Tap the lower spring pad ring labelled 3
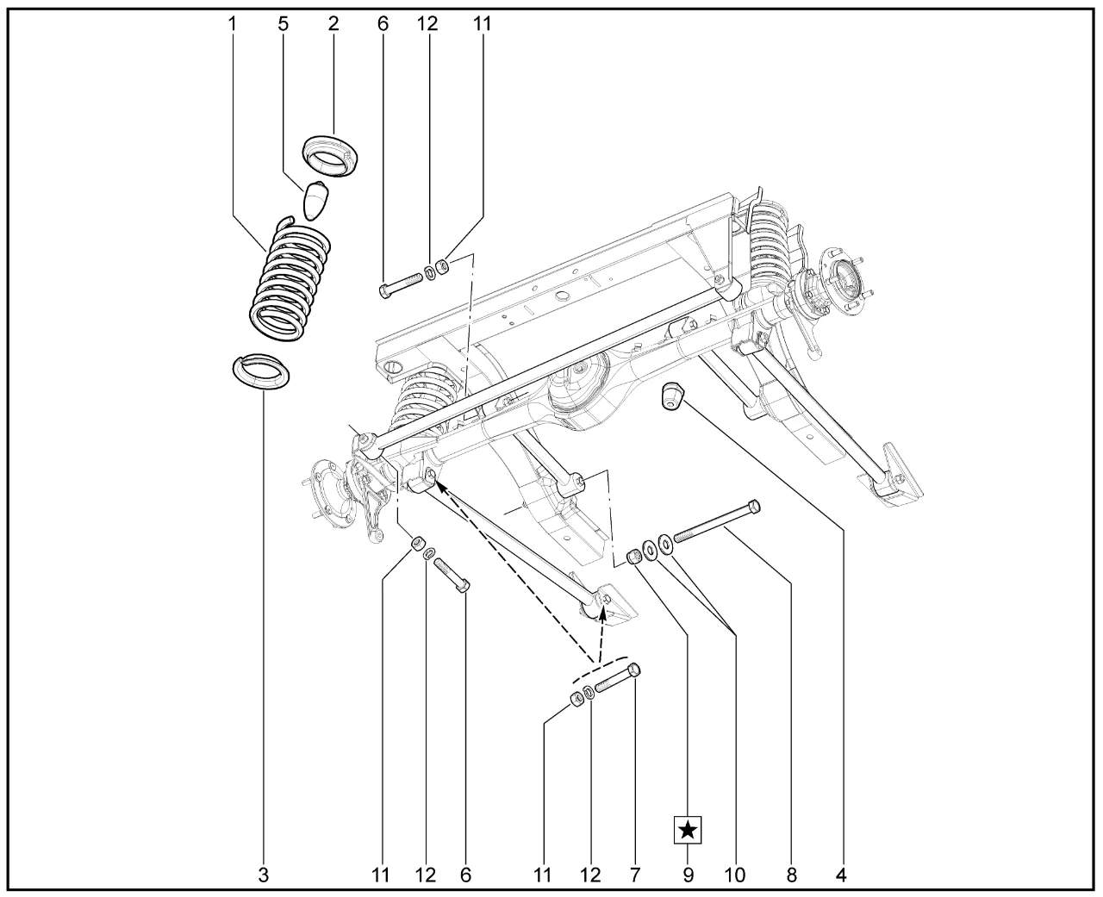click(261, 372)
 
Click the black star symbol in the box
click(688, 830)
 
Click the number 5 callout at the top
click(283, 23)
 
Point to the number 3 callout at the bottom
click(264, 875)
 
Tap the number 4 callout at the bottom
click(841, 875)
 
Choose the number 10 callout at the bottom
click(734, 875)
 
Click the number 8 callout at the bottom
click(791, 875)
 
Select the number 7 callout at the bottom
click(635, 875)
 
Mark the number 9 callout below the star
click(688, 875)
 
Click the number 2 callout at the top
click(333, 23)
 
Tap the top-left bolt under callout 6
click(400, 284)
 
